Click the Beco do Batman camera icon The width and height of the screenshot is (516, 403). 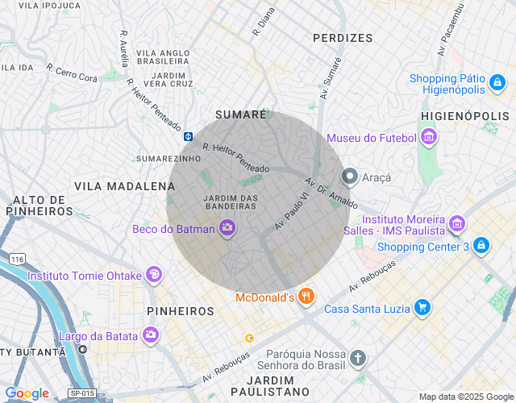point(227,229)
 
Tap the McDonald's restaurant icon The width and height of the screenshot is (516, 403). point(305,297)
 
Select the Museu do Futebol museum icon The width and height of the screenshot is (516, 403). point(429,138)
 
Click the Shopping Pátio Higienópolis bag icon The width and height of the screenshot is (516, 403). point(497,83)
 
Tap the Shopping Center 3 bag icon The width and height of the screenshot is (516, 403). point(481,246)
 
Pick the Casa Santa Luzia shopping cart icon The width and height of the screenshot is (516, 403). point(422,308)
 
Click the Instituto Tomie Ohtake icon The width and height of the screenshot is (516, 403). point(153,276)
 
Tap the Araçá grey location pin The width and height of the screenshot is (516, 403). point(350,176)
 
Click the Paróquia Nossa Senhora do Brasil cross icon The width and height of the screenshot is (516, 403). point(358,357)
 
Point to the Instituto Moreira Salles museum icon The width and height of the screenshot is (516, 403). point(457,223)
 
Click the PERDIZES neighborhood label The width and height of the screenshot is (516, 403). point(343,38)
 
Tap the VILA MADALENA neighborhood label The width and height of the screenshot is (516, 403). point(114,186)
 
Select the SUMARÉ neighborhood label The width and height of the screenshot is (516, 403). point(240,115)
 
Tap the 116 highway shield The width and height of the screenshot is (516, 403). point(17,259)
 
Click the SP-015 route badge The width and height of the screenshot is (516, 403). point(81,393)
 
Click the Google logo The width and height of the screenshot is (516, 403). point(27,393)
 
